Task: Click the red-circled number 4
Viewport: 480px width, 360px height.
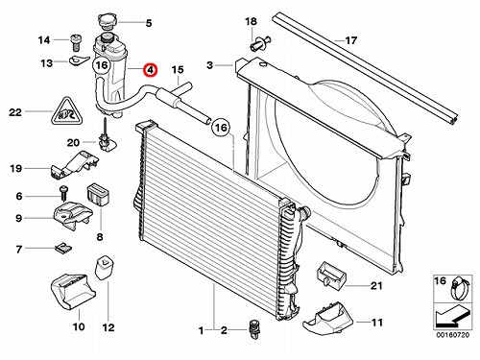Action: pyautogui.click(x=150, y=70)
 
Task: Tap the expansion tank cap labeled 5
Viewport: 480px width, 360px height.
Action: pyautogui.click(x=107, y=22)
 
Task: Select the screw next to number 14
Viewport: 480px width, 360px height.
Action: pyautogui.click(x=75, y=42)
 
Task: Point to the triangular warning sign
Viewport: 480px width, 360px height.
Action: pyautogui.click(x=67, y=112)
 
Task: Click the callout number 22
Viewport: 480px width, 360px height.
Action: pyautogui.click(x=15, y=112)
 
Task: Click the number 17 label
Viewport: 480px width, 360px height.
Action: pyautogui.click(x=350, y=40)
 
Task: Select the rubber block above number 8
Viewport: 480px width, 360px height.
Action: pyautogui.click(x=98, y=194)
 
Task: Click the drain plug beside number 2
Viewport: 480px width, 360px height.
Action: pyautogui.click(x=254, y=329)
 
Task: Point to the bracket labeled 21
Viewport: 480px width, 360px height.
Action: pyautogui.click(x=332, y=275)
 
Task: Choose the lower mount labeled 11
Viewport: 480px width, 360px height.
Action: pyautogui.click(x=327, y=319)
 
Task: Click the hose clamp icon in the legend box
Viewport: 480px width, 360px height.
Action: pyautogui.click(x=460, y=289)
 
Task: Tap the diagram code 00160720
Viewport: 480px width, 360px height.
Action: pyautogui.click(x=453, y=335)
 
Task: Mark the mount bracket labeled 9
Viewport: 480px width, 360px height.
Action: pyautogui.click(x=73, y=217)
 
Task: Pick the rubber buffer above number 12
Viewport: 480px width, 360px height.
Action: pyautogui.click(x=105, y=267)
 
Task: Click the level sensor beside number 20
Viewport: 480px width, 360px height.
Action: pyautogui.click(x=105, y=134)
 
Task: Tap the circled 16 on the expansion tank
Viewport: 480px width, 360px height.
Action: pyautogui.click(x=102, y=65)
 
